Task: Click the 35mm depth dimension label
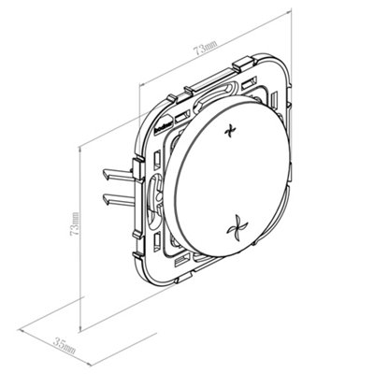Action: click(65, 346)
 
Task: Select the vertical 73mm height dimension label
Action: click(75, 223)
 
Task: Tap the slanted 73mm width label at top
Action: click(204, 48)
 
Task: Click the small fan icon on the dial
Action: click(229, 131)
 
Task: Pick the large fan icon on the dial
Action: click(237, 230)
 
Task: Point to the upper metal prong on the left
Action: click(118, 175)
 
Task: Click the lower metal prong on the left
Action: click(118, 200)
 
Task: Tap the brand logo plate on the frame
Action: click(164, 123)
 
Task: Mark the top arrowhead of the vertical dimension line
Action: click(80, 150)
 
